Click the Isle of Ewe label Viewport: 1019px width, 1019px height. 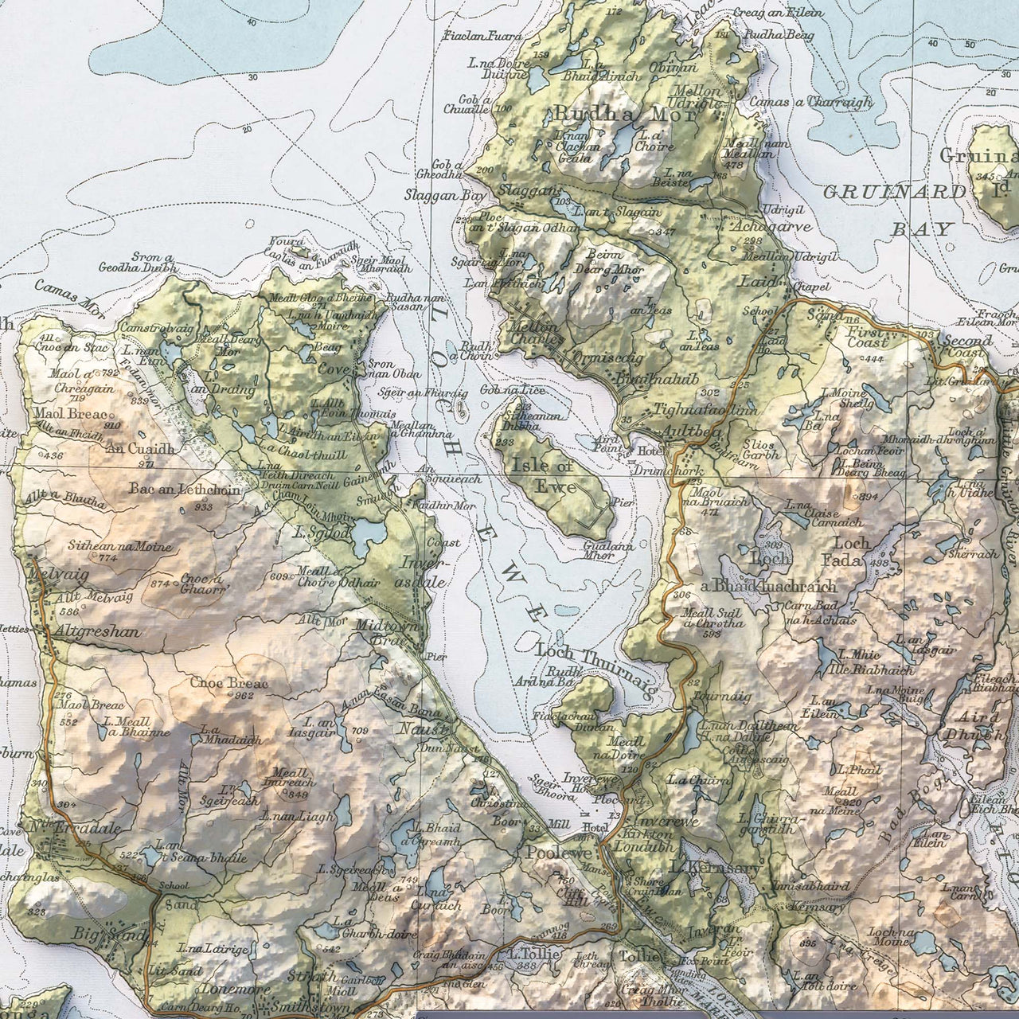[x=543, y=475]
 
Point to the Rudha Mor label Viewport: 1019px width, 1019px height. [x=624, y=114]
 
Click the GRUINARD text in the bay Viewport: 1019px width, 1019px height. [x=894, y=192]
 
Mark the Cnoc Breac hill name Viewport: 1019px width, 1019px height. [x=228, y=682]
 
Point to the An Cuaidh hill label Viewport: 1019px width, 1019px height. [x=139, y=448]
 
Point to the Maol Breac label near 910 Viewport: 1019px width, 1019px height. [x=70, y=413]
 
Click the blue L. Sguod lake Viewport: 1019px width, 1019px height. [x=368, y=535]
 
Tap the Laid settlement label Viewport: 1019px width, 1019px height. [x=756, y=281]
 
